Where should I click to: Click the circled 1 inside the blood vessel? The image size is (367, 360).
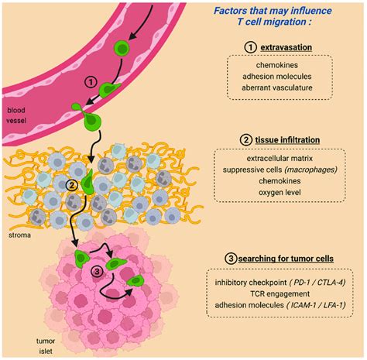(91, 81)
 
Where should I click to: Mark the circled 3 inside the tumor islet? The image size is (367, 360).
(96, 270)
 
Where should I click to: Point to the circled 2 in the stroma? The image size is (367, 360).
(70, 185)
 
